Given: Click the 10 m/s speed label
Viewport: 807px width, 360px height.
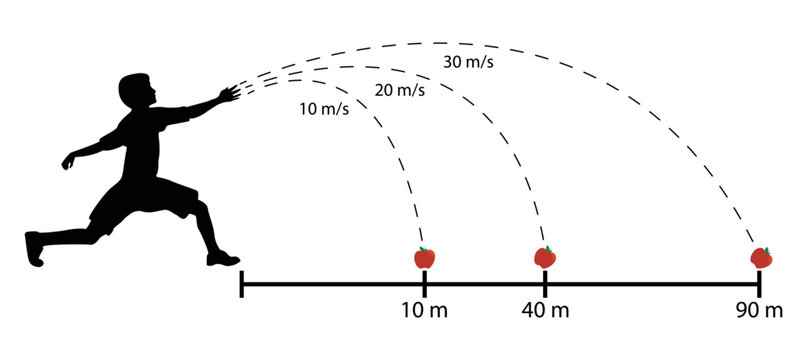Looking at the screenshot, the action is [325, 108].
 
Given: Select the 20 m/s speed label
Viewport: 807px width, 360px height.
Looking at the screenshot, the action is [397, 90].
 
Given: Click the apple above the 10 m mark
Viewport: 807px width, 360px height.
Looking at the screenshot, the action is [425, 258].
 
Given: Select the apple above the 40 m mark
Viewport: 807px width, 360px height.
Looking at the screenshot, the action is [544, 257].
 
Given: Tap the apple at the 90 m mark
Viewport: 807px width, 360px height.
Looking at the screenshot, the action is [762, 257].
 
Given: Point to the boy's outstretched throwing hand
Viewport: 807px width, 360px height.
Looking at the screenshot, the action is [230, 95].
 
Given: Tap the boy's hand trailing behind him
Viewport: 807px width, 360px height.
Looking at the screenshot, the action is [69, 161].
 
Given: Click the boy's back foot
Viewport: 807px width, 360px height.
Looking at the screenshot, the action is [34, 247].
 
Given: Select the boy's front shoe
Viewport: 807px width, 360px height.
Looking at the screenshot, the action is [223, 259].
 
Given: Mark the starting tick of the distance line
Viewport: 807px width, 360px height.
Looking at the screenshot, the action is [241, 284].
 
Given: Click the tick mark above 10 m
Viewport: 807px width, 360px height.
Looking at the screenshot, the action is [425, 284].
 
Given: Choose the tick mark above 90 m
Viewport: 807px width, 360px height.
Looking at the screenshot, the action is [759, 284].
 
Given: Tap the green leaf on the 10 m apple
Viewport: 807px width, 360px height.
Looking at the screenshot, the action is [427, 249].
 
